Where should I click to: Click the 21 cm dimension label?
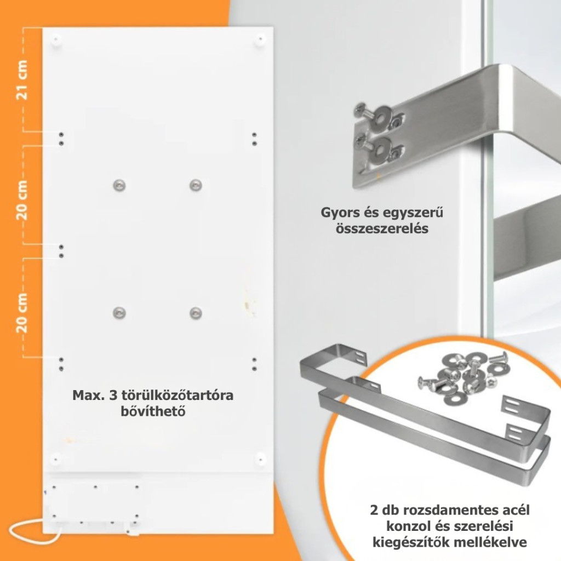(x=22, y=80)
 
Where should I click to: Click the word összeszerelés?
(x=382, y=228)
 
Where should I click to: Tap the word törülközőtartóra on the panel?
(x=178, y=396)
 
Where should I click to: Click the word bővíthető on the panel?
(x=153, y=411)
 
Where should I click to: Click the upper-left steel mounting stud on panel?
(x=119, y=185)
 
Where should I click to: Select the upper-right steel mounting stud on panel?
(x=196, y=185)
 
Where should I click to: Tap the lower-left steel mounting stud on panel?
(x=119, y=313)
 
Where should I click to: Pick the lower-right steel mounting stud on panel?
(x=196, y=313)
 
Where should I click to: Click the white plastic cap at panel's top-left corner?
(x=56, y=39)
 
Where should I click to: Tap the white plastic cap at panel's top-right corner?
(x=260, y=39)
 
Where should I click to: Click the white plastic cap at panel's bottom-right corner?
(x=260, y=459)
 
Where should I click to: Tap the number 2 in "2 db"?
(x=374, y=510)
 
